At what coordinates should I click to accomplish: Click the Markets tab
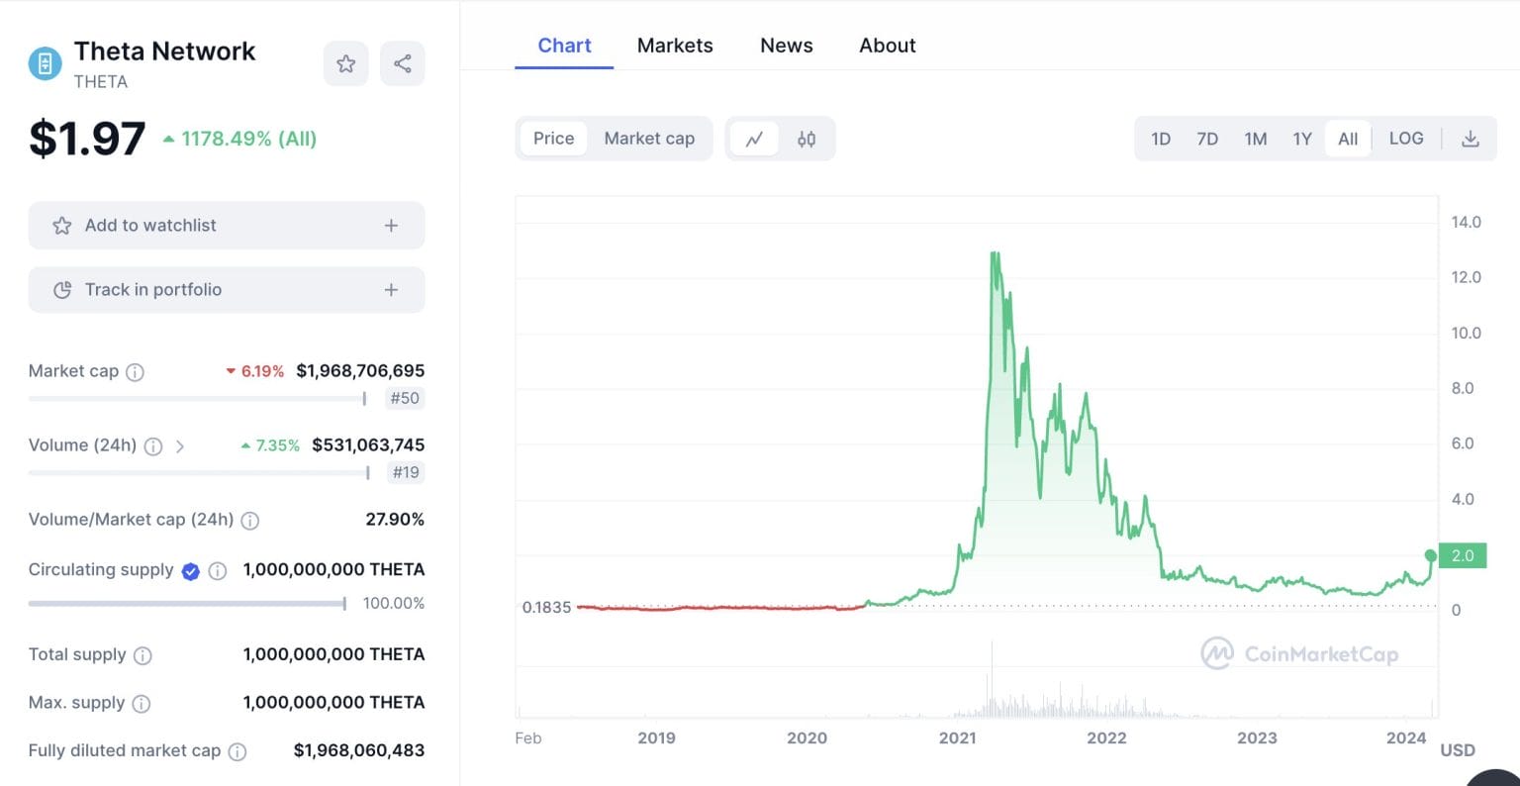tap(674, 46)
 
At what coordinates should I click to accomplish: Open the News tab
tap(786, 46)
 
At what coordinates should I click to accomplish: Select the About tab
tap(887, 46)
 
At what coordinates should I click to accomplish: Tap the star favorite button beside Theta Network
tap(345, 64)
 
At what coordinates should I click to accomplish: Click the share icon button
tap(402, 64)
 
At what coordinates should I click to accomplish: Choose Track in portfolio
tap(227, 290)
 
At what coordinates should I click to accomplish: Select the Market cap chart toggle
tap(649, 139)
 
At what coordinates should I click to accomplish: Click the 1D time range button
tap(1161, 139)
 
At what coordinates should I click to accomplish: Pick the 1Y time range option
tap(1302, 139)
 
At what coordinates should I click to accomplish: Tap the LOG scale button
tap(1405, 139)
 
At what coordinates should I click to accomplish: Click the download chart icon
tap(1471, 139)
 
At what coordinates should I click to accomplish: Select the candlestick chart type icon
tap(807, 139)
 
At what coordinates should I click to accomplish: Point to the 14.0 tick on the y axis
tap(1466, 222)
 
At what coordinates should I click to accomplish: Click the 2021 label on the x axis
tap(957, 737)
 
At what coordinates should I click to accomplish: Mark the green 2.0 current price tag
tap(1463, 555)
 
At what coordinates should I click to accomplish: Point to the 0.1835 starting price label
tap(546, 607)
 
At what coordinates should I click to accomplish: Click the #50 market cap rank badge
tap(405, 398)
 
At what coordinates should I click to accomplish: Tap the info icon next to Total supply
tap(142, 655)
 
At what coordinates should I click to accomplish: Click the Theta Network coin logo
tap(45, 64)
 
